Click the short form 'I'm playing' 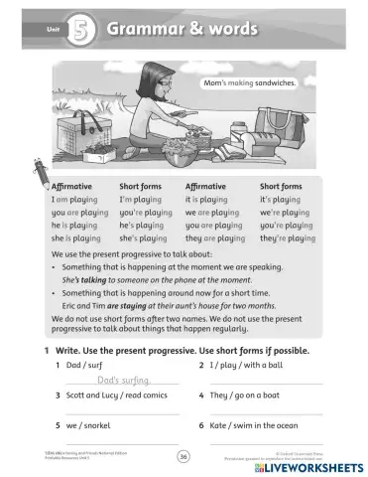tap(143, 199)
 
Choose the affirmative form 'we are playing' tap(214, 212)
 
